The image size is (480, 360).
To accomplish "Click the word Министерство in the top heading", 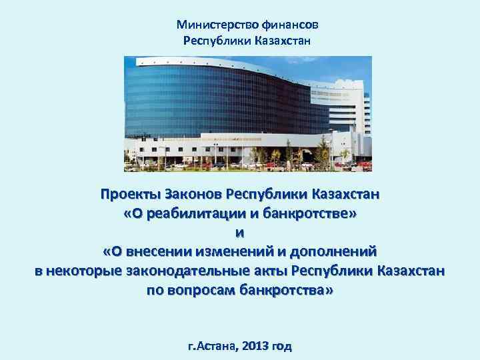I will coord(209,25).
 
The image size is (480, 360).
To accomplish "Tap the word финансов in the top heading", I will coord(291,25).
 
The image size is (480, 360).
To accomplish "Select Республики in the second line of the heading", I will coord(217,41).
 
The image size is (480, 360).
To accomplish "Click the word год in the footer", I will coord(283,347).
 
